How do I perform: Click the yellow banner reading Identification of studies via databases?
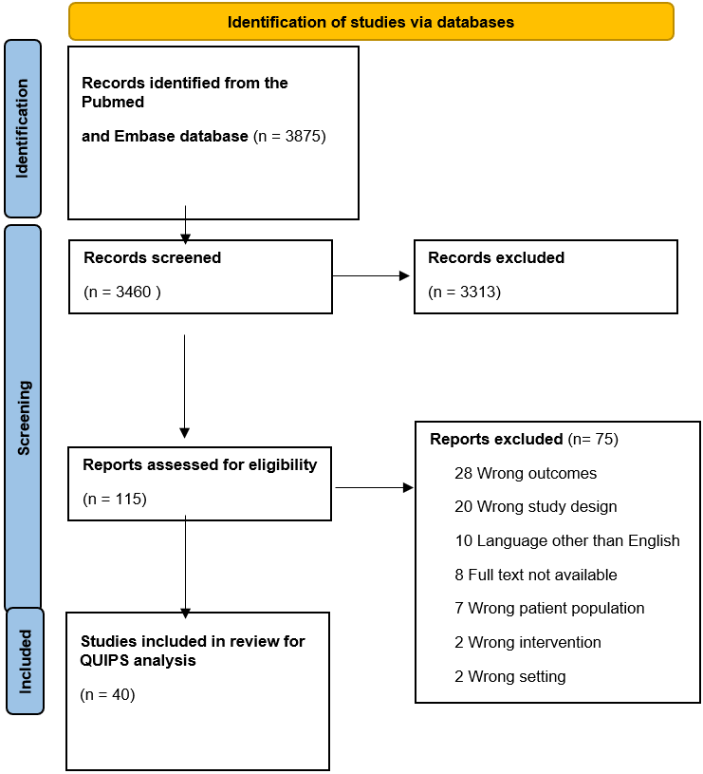pyautogui.click(x=371, y=22)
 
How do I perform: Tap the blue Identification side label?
pyautogui.click(x=23, y=128)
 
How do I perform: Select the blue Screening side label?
pyautogui.click(x=23, y=418)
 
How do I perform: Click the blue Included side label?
pyautogui.click(x=26, y=661)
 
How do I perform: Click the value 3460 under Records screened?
pyautogui.click(x=133, y=292)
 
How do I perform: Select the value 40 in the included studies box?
pyautogui.click(x=120, y=694)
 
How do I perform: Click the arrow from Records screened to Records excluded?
pyautogui.click(x=371, y=276)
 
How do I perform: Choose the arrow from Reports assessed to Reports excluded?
pyautogui.click(x=374, y=488)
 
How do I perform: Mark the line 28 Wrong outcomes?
pyautogui.click(x=526, y=473)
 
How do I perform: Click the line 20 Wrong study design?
pyautogui.click(x=536, y=506)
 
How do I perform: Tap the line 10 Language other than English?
pyautogui.click(x=567, y=540)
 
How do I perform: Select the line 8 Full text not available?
pyautogui.click(x=536, y=575)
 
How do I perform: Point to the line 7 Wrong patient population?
pyautogui.click(x=549, y=608)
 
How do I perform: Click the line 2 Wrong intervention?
pyautogui.click(x=528, y=642)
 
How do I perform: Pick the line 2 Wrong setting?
pyautogui.click(x=510, y=676)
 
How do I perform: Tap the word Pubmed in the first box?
pyautogui.click(x=113, y=102)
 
